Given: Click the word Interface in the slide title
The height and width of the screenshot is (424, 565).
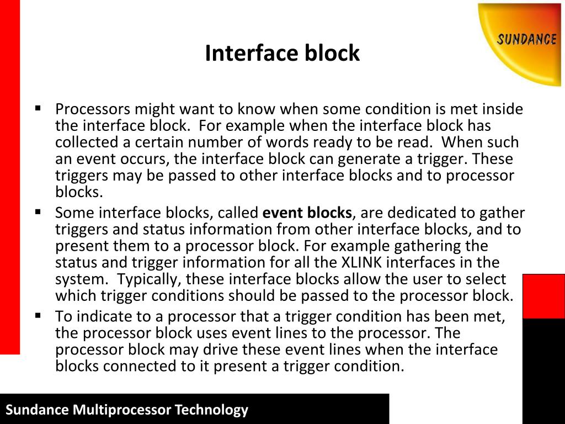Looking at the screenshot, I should [251, 54].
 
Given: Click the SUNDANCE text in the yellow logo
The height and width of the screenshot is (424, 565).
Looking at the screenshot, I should [526, 40].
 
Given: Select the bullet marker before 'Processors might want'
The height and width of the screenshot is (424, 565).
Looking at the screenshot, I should [38, 108].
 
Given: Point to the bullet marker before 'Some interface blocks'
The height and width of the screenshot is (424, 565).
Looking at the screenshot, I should [38, 211].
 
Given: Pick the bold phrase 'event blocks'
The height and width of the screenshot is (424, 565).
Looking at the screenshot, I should [307, 213].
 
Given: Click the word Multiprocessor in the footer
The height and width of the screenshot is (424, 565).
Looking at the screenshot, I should [122, 410].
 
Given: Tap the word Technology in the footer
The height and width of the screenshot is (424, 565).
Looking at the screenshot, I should [211, 410].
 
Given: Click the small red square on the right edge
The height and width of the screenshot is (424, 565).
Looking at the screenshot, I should [543, 296].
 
